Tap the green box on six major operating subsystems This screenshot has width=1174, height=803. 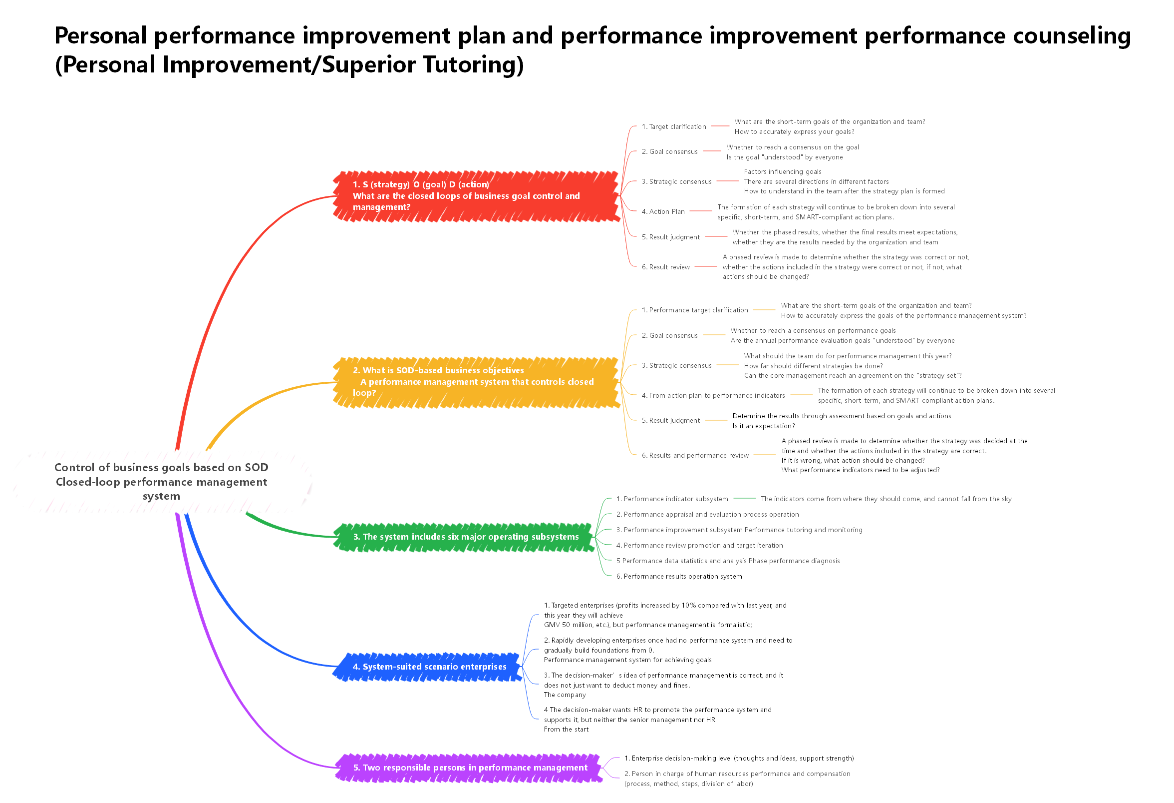point(465,537)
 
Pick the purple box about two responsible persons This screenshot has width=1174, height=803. point(469,768)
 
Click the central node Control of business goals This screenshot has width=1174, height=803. point(161,481)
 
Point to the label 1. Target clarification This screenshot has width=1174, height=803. point(673,126)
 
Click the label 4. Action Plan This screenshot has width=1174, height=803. point(663,211)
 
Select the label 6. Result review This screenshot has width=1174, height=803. point(665,267)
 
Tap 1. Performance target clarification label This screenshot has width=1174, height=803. point(695,310)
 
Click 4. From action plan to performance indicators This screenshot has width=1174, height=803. point(713,395)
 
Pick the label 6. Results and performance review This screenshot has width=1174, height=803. point(695,456)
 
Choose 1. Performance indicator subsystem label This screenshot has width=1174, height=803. point(672,499)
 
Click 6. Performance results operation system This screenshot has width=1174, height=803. point(678,577)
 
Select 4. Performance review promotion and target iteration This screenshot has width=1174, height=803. point(699,546)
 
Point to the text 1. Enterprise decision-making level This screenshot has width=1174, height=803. point(739,759)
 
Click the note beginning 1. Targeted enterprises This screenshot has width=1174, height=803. point(665,615)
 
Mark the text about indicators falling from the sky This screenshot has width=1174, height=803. point(885,499)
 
